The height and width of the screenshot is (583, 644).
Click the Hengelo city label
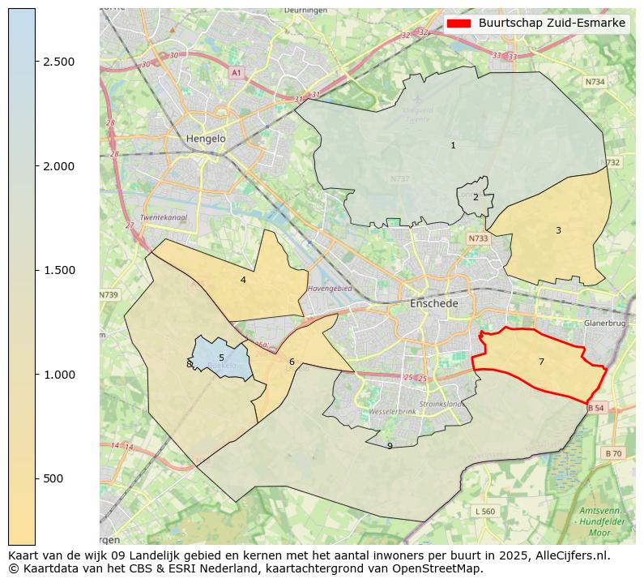(x=206, y=139)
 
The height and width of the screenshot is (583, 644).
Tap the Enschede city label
(x=434, y=303)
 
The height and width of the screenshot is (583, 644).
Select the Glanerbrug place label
(x=604, y=323)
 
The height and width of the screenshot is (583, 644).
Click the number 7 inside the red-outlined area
(x=541, y=362)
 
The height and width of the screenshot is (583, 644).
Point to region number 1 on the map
(x=453, y=146)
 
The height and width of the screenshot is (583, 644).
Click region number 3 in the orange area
(x=558, y=231)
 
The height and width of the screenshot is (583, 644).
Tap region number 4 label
(x=243, y=281)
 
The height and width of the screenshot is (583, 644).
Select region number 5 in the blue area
(x=221, y=358)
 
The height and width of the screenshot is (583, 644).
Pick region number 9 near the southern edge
(x=390, y=446)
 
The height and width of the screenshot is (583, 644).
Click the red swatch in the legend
(x=459, y=24)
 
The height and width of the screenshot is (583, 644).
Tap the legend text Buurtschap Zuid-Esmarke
(x=552, y=24)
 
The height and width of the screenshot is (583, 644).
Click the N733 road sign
(x=478, y=238)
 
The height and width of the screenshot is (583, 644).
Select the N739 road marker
(x=109, y=295)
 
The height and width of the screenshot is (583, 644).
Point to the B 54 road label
(x=595, y=408)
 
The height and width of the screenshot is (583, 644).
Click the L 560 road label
(x=484, y=511)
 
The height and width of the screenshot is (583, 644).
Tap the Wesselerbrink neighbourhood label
(x=392, y=412)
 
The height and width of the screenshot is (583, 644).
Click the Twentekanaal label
(x=164, y=218)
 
